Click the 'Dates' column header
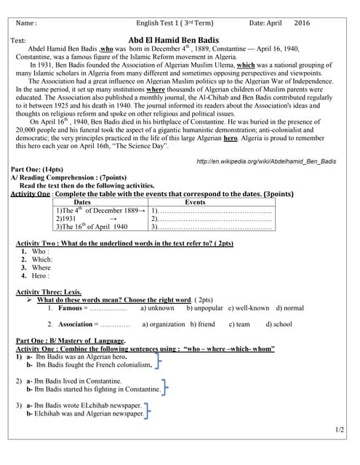[82, 202]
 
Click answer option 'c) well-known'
[249, 308]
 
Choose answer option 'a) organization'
[164, 324]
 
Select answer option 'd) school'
[279, 324]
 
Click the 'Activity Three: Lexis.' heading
[50, 291]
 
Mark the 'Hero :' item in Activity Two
[40, 276]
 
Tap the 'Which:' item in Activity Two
[42, 259]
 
